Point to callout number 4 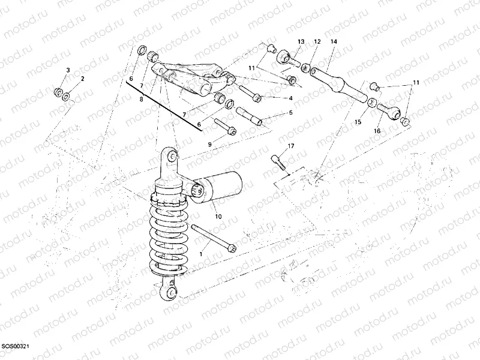(x=290, y=98)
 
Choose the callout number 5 (x=290, y=113)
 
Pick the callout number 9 (x=209, y=145)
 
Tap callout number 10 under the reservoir (x=218, y=216)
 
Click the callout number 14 (x=334, y=41)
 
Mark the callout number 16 (x=377, y=131)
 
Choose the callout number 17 (x=290, y=146)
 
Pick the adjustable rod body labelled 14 (x=337, y=84)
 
